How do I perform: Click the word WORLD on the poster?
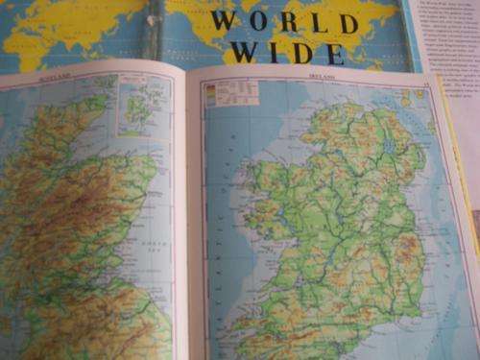tap(284, 20)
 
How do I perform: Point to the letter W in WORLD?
tap(223, 20)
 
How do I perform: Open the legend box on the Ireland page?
tap(231, 94)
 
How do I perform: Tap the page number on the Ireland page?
tap(424, 85)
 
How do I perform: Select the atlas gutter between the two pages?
tap(184, 221)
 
